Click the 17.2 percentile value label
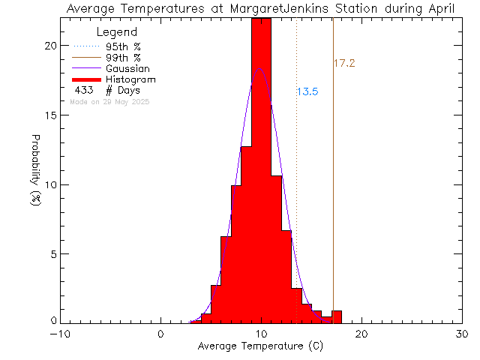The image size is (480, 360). pos(343,64)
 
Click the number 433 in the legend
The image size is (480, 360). pos(83,90)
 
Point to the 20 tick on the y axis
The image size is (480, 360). pos(51,45)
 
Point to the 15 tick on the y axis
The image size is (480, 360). pos(51,115)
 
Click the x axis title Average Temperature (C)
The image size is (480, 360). pos(260,346)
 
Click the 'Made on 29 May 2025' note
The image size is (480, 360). pos(109,101)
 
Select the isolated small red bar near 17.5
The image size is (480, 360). pos(337,316)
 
